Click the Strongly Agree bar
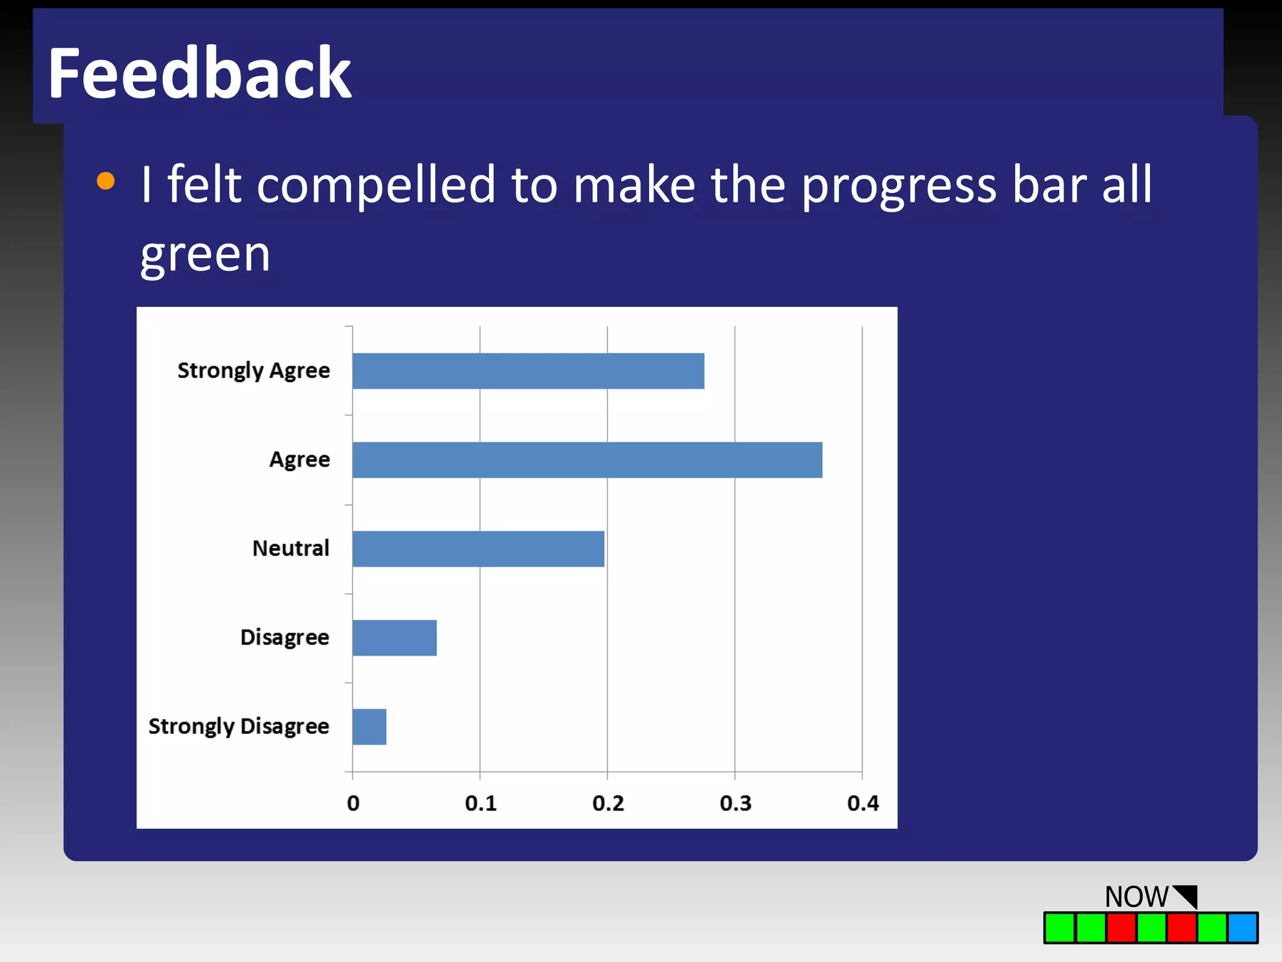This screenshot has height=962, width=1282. (x=528, y=371)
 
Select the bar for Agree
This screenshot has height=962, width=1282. (x=587, y=460)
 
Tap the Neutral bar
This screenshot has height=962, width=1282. (x=478, y=549)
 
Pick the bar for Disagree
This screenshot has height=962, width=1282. (x=394, y=638)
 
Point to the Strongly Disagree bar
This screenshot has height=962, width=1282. (x=369, y=727)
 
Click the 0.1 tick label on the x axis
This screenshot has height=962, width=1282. (x=480, y=804)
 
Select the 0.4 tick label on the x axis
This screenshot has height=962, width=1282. (x=863, y=804)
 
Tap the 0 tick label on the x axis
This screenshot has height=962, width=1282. (x=353, y=804)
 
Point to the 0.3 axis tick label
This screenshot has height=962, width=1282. (x=735, y=804)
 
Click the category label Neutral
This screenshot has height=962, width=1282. (x=290, y=549)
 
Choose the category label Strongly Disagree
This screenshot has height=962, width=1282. (x=238, y=727)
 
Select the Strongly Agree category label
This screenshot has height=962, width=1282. (x=254, y=371)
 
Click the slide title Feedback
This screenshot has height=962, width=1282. (x=199, y=74)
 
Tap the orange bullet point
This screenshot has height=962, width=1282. (x=106, y=181)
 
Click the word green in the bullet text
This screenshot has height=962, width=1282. (x=205, y=255)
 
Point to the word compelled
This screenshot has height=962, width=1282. (x=376, y=185)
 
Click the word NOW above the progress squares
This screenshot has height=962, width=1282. (x=1136, y=897)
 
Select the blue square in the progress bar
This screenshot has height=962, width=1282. (x=1242, y=928)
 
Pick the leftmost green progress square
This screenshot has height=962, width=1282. (x=1059, y=928)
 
